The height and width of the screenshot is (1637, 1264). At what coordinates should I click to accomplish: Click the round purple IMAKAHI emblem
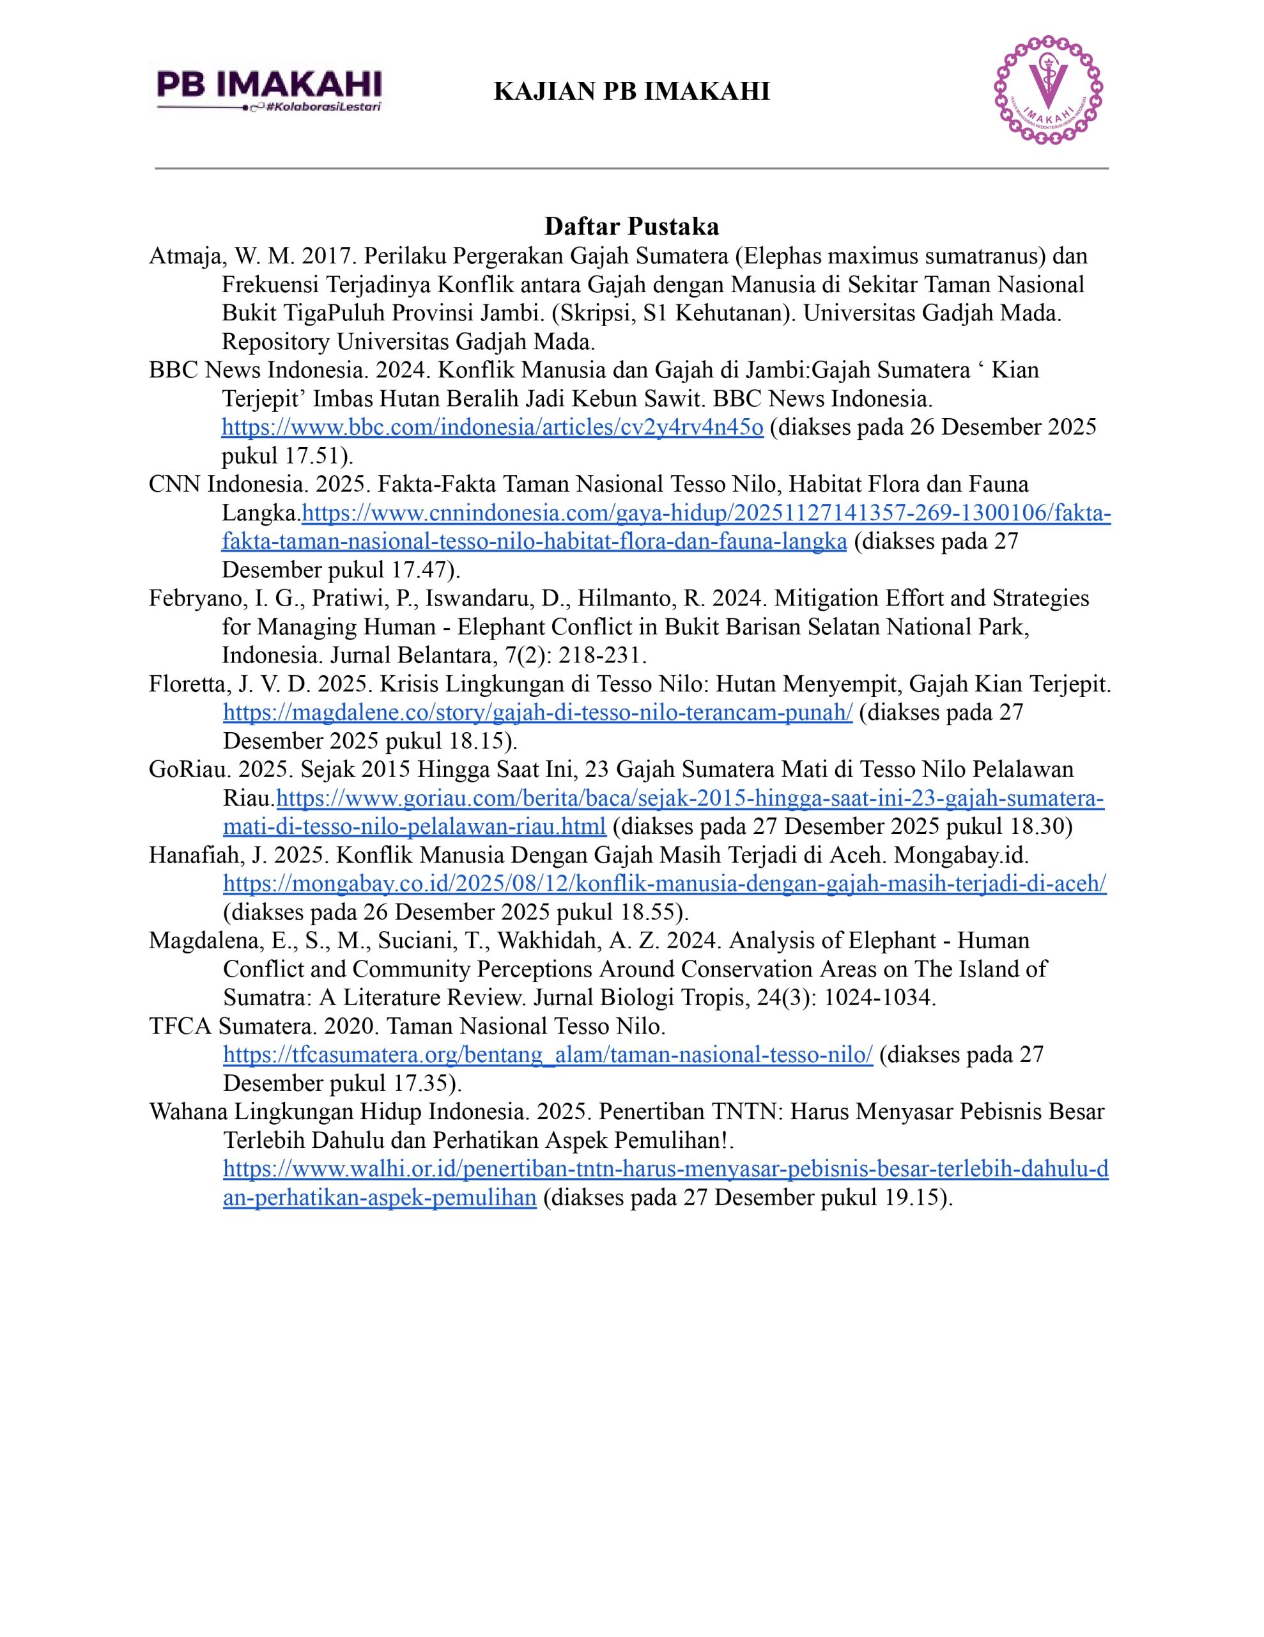point(1048,90)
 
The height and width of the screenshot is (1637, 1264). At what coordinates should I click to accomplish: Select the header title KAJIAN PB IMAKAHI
point(631,91)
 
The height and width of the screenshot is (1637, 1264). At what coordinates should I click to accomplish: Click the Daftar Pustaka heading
point(631,226)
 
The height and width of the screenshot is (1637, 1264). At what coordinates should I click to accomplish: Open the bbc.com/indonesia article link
point(492,427)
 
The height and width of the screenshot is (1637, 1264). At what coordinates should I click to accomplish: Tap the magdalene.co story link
point(537,712)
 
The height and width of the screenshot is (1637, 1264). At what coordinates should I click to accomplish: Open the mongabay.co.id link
point(665,884)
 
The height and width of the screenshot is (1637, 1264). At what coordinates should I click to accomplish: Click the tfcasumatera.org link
point(548,1054)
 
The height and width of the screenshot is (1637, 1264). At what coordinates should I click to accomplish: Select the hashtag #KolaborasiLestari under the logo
point(325,107)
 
